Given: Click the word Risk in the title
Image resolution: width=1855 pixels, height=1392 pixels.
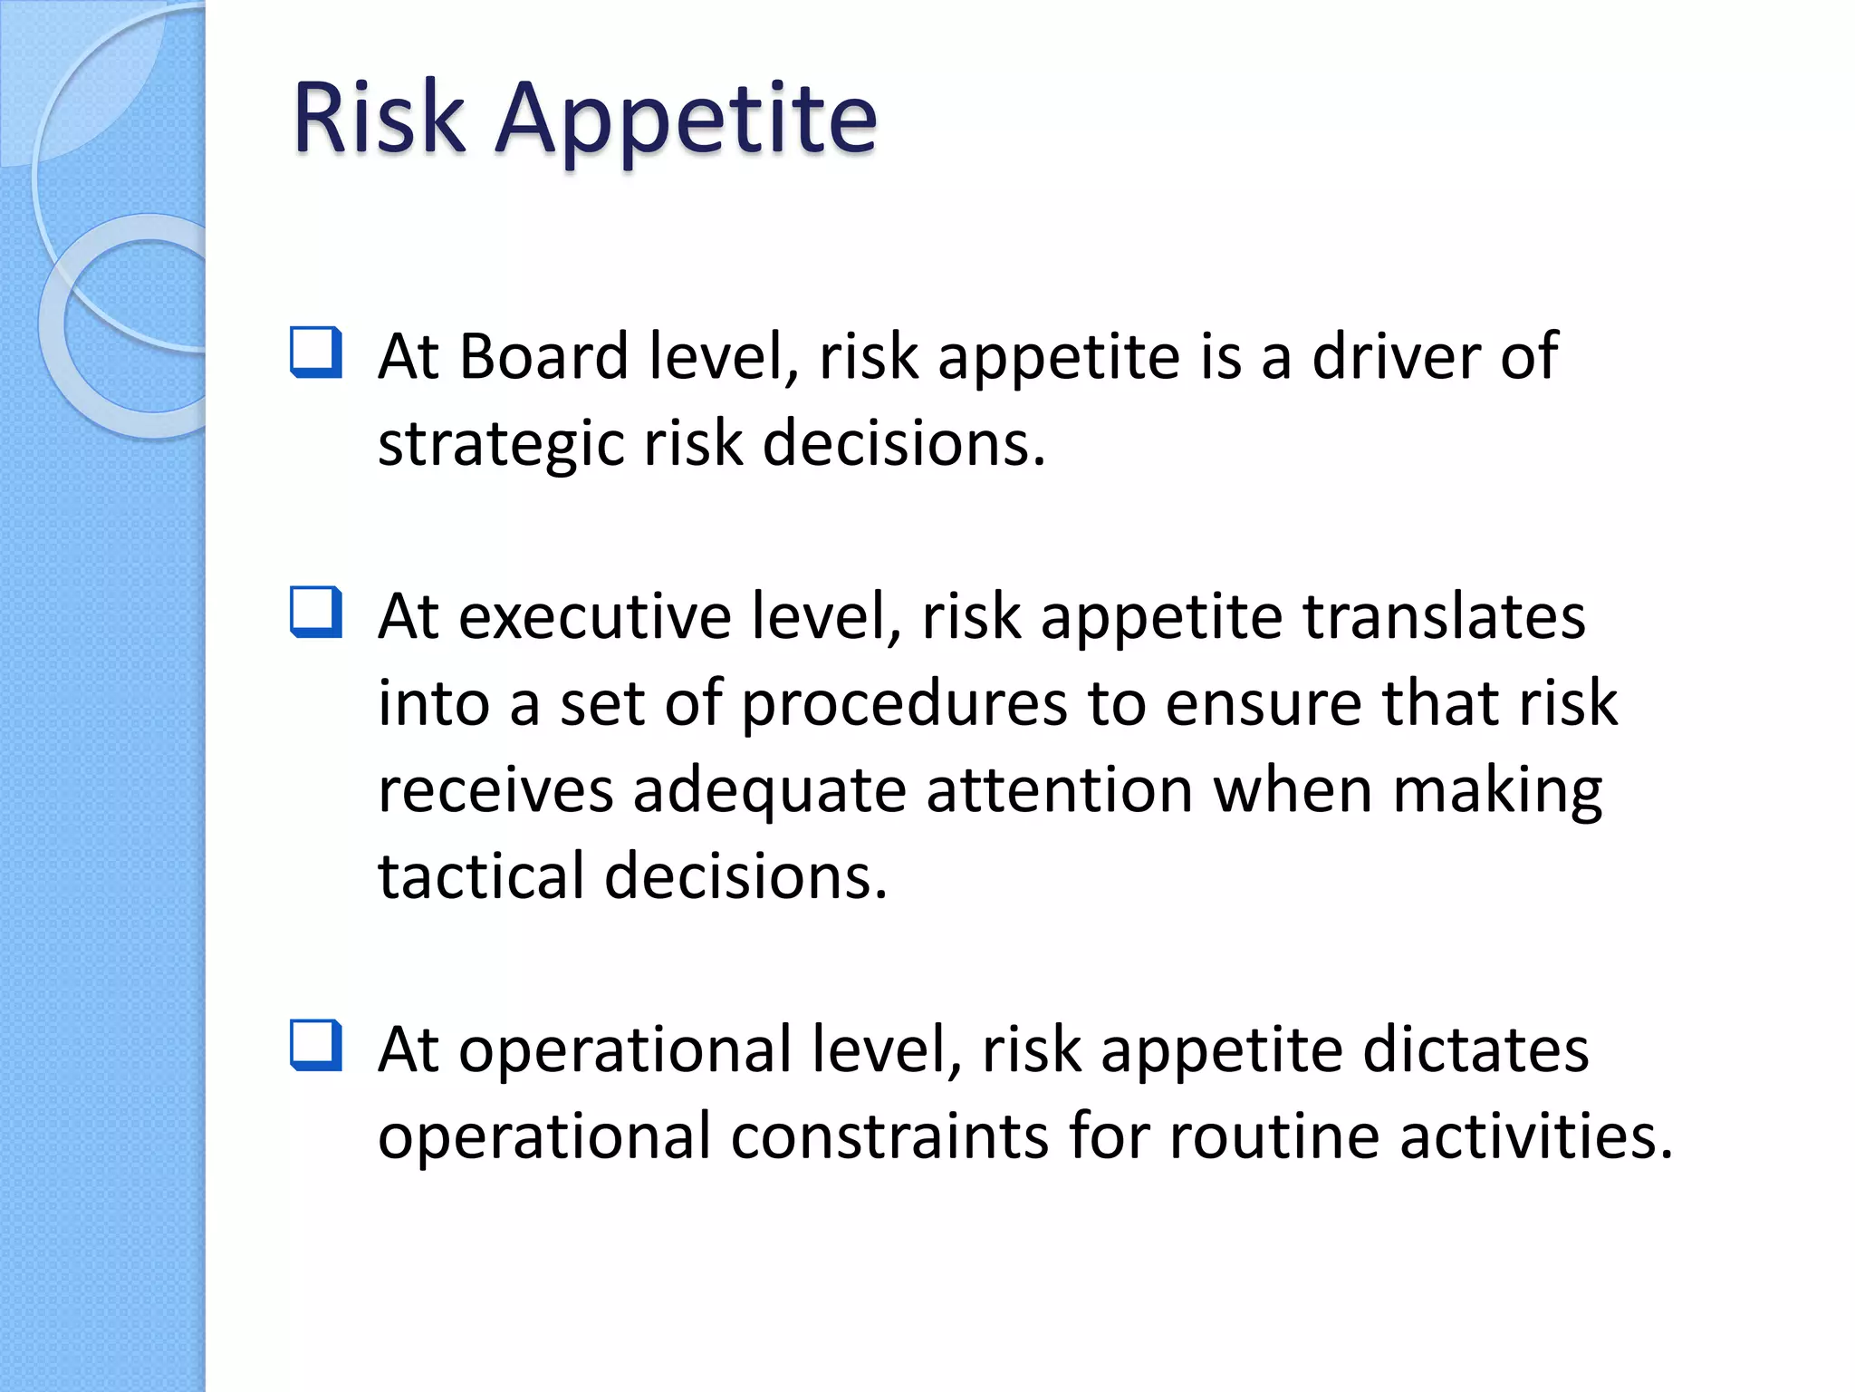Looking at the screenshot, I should coord(379,118).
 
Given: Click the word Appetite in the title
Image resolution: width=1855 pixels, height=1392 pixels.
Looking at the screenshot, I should coord(687,121).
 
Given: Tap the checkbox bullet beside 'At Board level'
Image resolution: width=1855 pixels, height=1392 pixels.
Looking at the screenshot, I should coord(316,353).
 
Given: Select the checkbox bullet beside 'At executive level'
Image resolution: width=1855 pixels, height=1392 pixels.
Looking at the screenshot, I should coord(316,613).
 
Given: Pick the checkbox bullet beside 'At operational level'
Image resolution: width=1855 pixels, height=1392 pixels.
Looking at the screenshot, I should coord(316,1046).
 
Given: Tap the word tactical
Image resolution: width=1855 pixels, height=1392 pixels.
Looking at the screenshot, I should coord(481,876).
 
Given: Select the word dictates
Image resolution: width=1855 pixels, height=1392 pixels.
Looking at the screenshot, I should coord(1475,1049).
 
